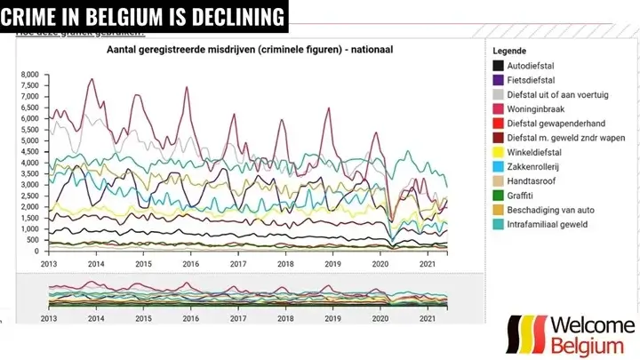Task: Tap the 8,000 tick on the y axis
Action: tap(28, 75)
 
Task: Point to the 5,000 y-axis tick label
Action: tap(28, 140)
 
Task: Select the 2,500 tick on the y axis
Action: tap(28, 196)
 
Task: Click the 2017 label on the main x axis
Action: tap(236, 265)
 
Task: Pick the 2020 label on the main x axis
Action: tap(380, 265)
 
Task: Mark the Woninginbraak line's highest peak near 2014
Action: tap(92, 79)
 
